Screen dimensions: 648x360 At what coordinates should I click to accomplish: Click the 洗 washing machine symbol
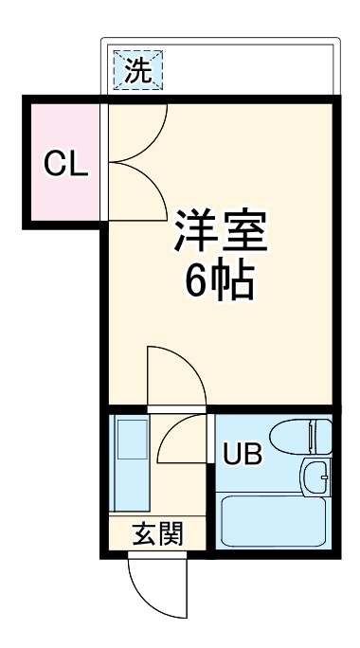[137, 69]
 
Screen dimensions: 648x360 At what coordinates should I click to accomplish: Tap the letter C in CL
[54, 164]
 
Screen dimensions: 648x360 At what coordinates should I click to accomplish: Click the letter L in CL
[79, 164]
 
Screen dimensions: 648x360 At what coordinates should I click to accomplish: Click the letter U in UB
[231, 456]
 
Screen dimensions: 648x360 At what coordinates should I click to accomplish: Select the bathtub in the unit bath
[273, 526]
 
